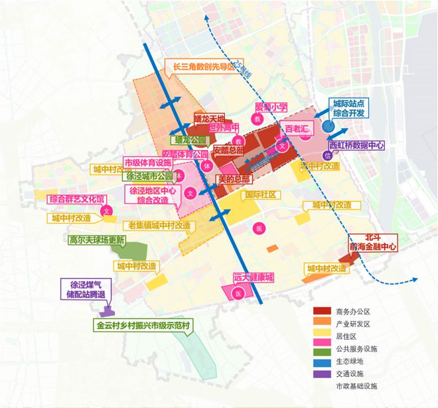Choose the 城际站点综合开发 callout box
pyautogui.click(x=349, y=109)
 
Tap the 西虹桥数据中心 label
pyautogui.click(x=357, y=143)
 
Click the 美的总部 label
pyautogui.click(x=234, y=179)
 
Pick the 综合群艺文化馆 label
pyautogui.click(x=78, y=198)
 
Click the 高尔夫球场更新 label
pyautogui.click(x=97, y=240)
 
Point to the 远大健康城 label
pyautogui.click(x=254, y=277)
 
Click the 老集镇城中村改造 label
pyautogui.click(x=160, y=226)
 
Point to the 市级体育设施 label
pyautogui.click(x=148, y=162)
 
